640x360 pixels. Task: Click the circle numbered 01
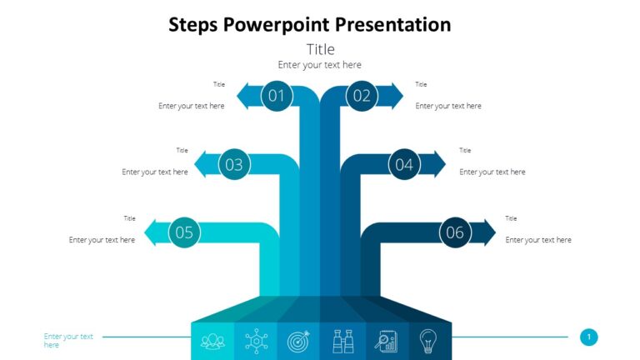[277, 96]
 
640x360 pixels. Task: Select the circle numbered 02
[361, 96]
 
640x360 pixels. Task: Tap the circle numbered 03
[234, 164]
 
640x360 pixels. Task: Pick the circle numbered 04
[404, 164]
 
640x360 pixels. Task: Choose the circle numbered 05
[184, 232]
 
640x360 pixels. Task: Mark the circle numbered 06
[454, 232]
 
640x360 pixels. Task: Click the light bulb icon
[429, 340]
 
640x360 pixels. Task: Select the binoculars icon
[342, 340]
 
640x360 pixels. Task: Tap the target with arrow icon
[299, 340]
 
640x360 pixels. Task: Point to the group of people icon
[212, 340]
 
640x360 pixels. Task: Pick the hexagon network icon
[256, 340]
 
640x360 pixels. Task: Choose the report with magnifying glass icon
[386, 340]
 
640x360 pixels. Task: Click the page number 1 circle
[589, 337]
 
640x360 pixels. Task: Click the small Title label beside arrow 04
[465, 151]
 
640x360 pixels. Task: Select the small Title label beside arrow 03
[182, 151]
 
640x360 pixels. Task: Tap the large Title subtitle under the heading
[320, 49]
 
